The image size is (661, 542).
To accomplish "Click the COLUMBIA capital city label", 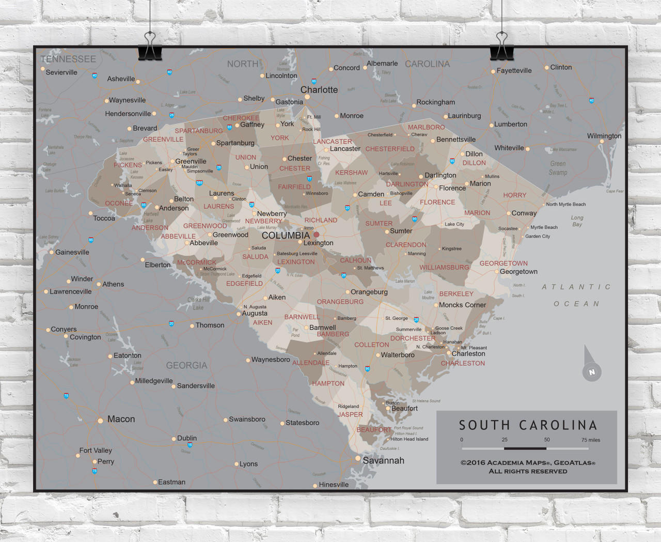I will (286, 236).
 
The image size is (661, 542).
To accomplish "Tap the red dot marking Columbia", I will (317, 235).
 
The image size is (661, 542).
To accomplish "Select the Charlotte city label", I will (319, 90).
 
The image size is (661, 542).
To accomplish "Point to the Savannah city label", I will (383, 460).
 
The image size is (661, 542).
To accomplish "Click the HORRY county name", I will (514, 195).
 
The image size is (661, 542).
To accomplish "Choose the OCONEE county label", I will (119, 203).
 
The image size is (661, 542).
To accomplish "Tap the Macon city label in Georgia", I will (121, 419).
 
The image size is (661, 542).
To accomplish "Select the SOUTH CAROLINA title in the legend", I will (528, 425).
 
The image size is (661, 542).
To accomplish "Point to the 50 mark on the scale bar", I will (546, 440).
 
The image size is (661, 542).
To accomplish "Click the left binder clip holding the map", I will (150, 47).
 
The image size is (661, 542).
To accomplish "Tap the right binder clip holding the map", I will (501, 47).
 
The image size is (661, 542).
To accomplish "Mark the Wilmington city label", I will (604, 136).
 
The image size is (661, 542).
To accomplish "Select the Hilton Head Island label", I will (409, 439).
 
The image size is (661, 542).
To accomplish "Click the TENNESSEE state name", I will (68, 59).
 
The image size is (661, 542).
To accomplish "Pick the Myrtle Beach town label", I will (544, 227).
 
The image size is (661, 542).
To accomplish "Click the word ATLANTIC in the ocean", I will (576, 287).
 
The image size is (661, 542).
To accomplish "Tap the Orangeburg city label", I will (369, 292).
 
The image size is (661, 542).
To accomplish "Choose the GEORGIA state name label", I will (186, 365).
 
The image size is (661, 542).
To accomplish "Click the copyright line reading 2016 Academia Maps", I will (528, 463).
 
